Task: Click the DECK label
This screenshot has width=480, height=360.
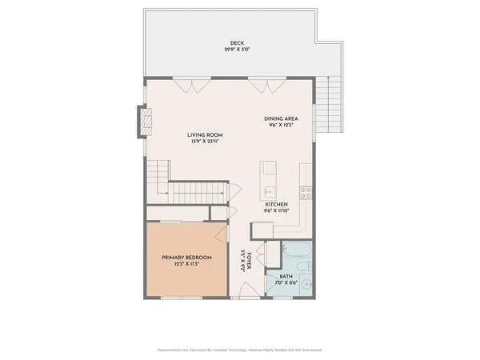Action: click(236, 42)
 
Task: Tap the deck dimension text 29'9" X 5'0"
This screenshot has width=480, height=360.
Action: click(236, 50)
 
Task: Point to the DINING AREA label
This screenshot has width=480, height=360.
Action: click(281, 119)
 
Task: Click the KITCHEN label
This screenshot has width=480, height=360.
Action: click(277, 204)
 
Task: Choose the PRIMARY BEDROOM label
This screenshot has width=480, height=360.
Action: click(186, 258)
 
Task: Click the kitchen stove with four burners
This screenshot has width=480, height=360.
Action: click(305, 191)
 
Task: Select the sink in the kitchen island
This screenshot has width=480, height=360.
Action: click(269, 191)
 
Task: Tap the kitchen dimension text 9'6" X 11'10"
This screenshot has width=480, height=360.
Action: click(277, 211)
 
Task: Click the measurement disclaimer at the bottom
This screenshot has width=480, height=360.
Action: click(240, 350)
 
